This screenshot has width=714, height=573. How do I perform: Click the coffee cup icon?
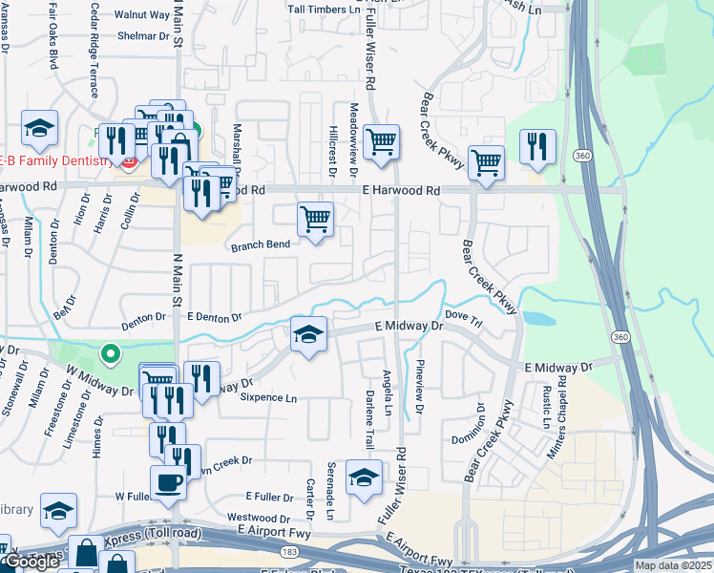[x=169, y=482]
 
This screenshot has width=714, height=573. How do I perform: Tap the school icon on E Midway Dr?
[x=307, y=334]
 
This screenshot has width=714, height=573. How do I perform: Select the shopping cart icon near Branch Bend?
[x=315, y=219]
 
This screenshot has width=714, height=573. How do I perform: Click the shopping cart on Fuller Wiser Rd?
[x=381, y=141]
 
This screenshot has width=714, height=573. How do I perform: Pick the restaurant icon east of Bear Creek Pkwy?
[x=537, y=146]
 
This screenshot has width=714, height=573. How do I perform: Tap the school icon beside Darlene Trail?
[x=363, y=477]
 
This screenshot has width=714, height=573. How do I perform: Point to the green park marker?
[x=111, y=355]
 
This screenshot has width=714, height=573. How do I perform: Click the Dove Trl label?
[x=465, y=314]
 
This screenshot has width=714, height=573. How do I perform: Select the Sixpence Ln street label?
[x=268, y=397]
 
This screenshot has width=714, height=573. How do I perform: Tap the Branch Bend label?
[x=260, y=245]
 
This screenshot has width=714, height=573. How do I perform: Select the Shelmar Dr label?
[x=143, y=36]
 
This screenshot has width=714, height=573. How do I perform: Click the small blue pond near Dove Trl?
[x=538, y=317]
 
